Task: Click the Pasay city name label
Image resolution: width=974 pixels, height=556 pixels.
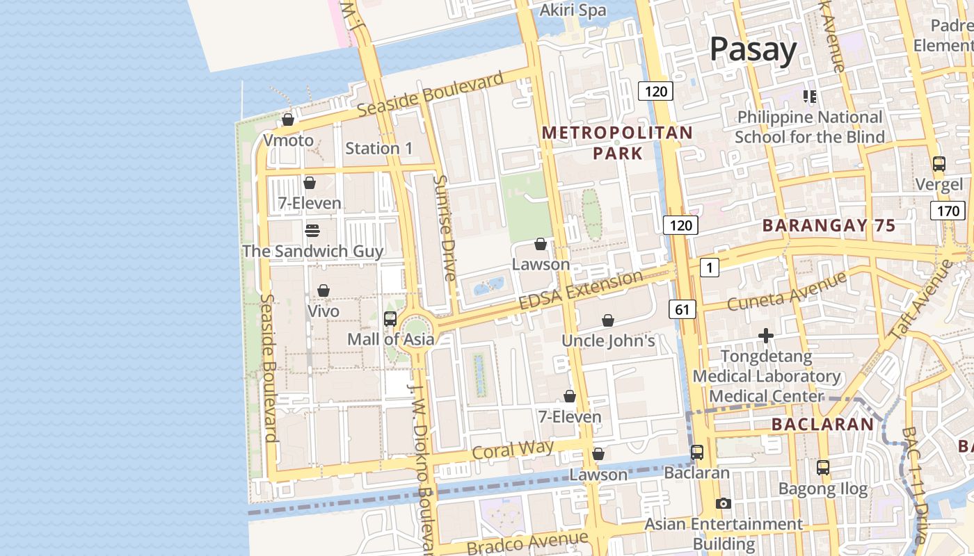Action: coord(753,50)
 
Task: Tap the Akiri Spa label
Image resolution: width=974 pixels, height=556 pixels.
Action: coord(573,10)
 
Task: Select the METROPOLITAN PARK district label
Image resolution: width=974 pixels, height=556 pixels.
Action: coord(617,142)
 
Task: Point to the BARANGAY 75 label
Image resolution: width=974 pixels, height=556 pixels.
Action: coord(829,225)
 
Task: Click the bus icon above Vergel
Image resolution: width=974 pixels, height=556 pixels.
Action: coord(939,164)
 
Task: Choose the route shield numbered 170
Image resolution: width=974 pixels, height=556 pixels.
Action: coord(948,210)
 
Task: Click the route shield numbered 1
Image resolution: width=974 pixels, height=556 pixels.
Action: coord(709,267)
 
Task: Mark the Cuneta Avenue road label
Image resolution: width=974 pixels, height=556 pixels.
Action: coord(786,292)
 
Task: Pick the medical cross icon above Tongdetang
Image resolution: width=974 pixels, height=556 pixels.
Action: coord(766,336)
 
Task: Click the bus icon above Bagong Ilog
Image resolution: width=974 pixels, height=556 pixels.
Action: coord(823,467)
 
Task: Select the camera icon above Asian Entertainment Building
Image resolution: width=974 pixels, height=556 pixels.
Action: coord(724,503)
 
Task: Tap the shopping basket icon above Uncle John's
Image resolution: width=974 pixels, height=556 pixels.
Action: coord(608,320)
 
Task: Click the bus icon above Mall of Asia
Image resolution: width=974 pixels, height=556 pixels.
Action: coord(390,318)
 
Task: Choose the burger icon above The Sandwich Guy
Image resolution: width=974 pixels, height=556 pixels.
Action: coord(312,230)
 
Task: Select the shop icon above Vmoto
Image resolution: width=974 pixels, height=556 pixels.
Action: coord(288,120)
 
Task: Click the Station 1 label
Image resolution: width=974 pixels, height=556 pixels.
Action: coord(379,148)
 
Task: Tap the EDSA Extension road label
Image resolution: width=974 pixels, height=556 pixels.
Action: coord(582,291)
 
